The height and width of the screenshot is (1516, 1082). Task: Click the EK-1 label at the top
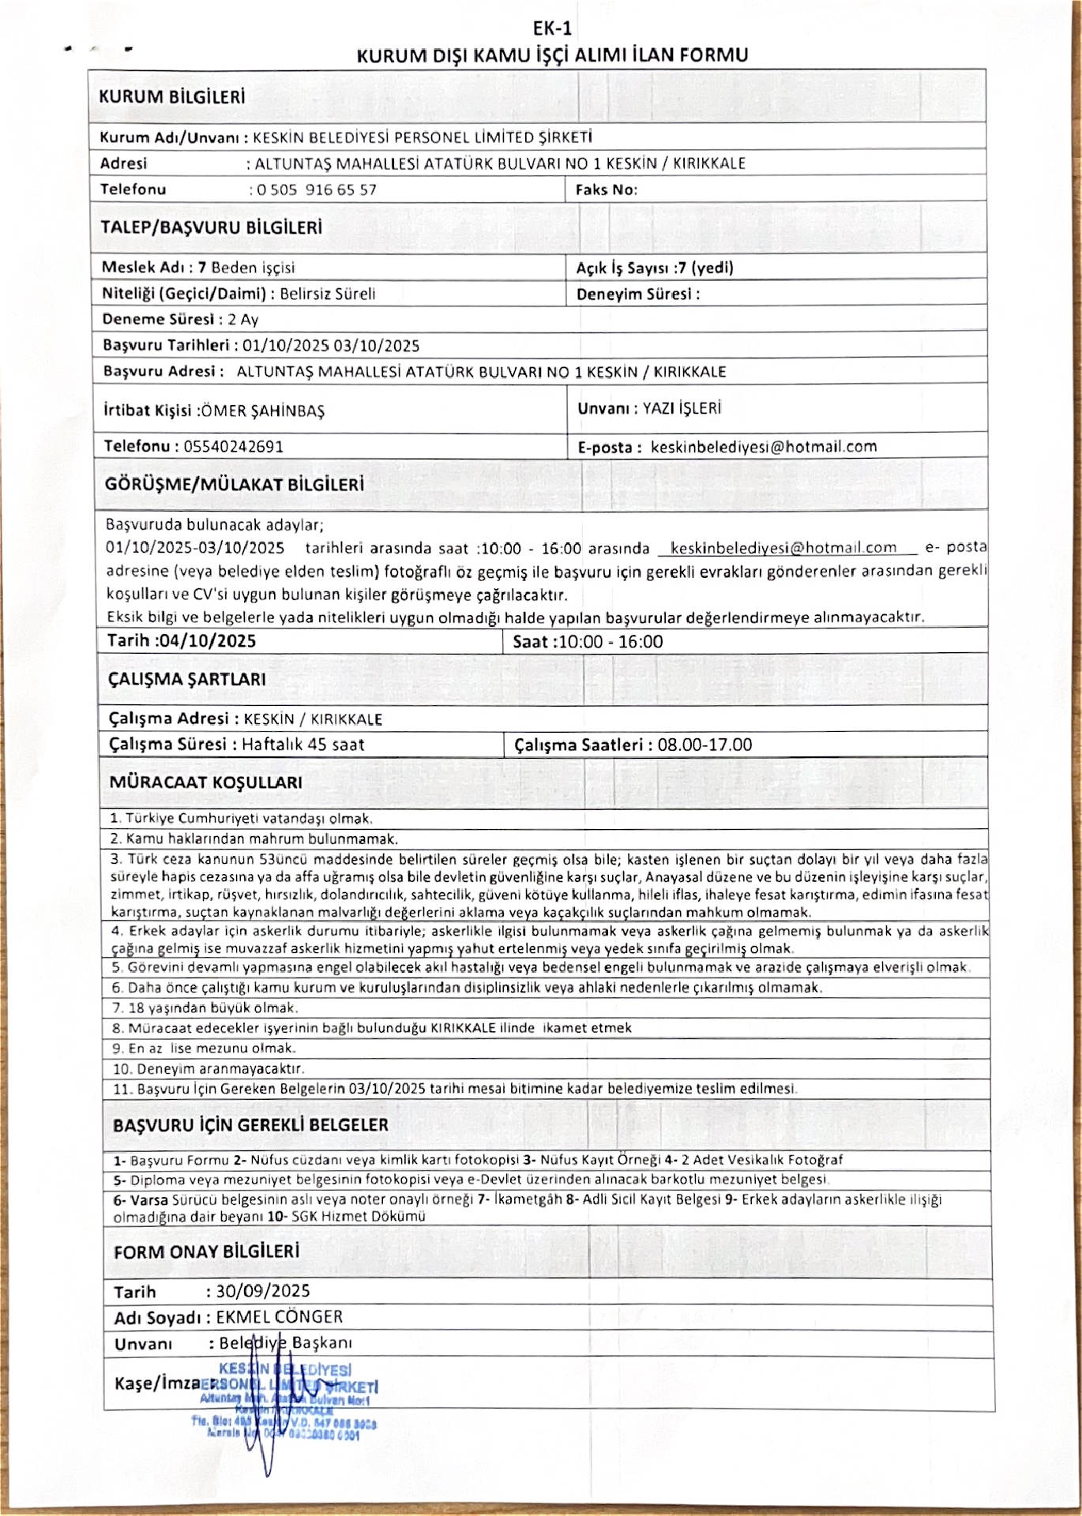[552, 28]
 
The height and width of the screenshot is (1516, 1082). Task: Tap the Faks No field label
[606, 189]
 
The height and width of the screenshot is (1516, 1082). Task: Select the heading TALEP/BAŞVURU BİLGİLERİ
[211, 227]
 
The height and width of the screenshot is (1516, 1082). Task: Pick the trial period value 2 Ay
[243, 320]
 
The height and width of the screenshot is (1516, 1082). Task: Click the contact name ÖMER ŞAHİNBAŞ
[262, 411]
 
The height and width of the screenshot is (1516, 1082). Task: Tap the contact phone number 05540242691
[234, 446]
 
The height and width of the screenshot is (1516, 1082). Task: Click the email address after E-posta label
[764, 446]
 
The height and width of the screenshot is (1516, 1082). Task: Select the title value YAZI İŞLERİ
[682, 408]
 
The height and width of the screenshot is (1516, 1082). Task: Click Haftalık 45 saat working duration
[303, 744]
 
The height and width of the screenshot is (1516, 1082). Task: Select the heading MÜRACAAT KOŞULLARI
[205, 782]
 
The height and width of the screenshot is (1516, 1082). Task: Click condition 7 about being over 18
[205, 1008]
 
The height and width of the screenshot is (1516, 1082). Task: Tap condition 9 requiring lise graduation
[204, 1049]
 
